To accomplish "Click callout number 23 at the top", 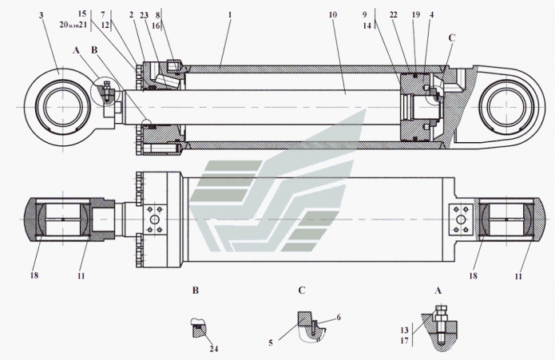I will [144, 15].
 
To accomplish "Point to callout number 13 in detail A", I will [404, 329].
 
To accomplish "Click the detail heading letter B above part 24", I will [194, 292].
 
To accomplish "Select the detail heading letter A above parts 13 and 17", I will [437, 291].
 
